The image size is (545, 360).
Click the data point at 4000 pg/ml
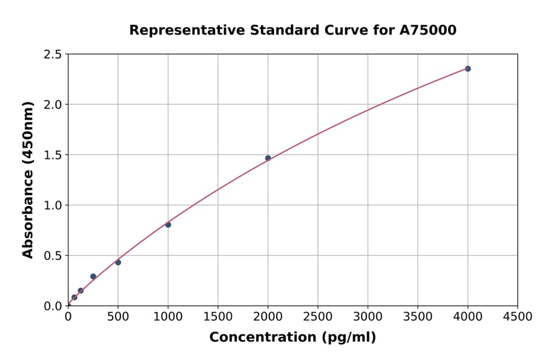tap(467, 68)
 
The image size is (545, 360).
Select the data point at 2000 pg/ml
tap(268, 158)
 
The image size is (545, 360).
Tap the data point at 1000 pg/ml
tap(168, 225)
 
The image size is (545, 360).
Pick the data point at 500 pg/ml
tap(118, 262)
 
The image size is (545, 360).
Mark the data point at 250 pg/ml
tap(93, 276)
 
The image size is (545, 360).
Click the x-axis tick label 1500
tap(218, 317)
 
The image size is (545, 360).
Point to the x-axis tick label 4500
tap(517, 317)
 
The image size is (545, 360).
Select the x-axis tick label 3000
tap(368, 317)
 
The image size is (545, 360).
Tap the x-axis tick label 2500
tap(318, 317)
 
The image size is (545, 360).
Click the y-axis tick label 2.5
tap(53, 55)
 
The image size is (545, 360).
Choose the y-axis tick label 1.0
tap(53, 205)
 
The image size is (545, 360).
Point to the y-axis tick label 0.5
tap(53, 256)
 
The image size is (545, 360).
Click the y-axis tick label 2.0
tap(53, 105)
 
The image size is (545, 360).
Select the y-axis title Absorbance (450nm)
tap(28, 179)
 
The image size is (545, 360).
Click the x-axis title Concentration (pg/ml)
tap(292, 338)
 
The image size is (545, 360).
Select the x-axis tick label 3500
tap(418, 317)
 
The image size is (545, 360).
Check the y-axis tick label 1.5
tap(53, 155)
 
